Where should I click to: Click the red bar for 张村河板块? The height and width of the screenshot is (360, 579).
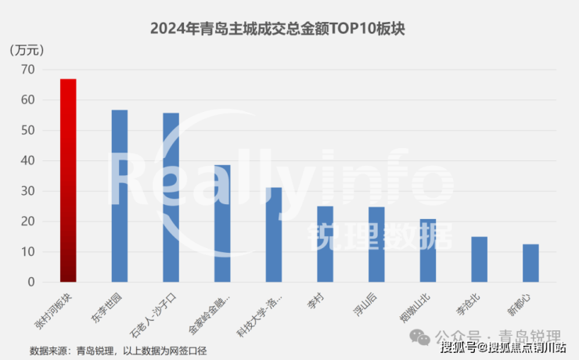click(x=68, y=180)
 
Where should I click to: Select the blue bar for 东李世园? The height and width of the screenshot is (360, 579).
click(x=120, y=196)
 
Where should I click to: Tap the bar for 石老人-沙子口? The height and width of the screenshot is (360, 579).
click(x=171, y=197)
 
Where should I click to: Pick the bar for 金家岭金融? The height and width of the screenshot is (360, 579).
click(x=222, y=223)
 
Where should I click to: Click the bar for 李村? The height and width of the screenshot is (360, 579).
click(x=325, y=244)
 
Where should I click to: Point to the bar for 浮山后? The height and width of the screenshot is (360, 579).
click(x=376, y=244)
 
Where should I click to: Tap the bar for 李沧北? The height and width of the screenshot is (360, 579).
click(x=479, y=259)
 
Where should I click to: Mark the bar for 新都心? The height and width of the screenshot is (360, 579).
click(x=530, y=263)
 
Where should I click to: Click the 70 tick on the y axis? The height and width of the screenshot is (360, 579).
click(x=27, y=70)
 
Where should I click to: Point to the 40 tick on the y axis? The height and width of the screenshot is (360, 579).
click(x=27, y=160)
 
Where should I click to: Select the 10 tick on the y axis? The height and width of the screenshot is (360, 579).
click(x=27, y=252)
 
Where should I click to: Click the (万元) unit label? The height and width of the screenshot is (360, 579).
click(x=27, y=49)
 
